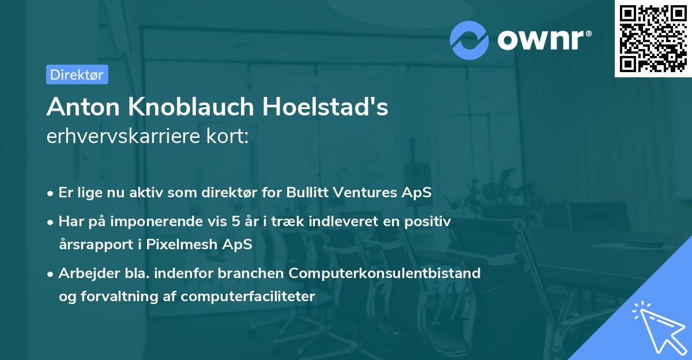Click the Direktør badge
(x=77, y=74)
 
